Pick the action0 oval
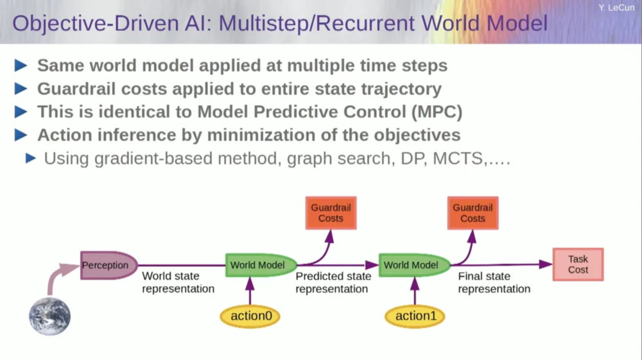250,316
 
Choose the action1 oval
415,316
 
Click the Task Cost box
578,264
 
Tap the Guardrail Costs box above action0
331,213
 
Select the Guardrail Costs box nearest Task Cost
473,213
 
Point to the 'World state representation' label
178,282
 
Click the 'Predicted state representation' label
333,282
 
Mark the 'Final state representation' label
494,282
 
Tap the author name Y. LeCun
616,8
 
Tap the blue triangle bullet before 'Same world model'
21,65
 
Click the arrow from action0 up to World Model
250,291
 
